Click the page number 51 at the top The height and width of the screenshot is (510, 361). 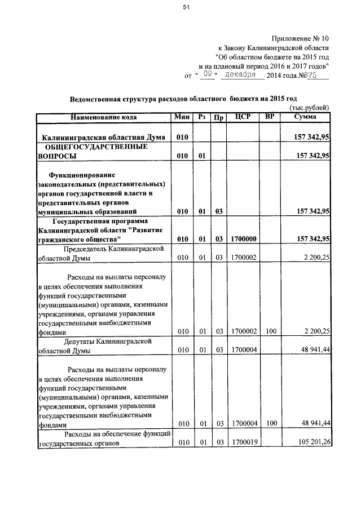pos(186,7)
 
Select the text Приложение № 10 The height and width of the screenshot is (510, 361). pos(299,39)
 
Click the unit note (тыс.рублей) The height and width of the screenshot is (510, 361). pos(309,109)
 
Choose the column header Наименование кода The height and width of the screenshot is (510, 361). pos(104,117)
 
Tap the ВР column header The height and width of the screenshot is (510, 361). pos(270,117)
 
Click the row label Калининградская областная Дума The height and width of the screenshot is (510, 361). pos(104,138)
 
